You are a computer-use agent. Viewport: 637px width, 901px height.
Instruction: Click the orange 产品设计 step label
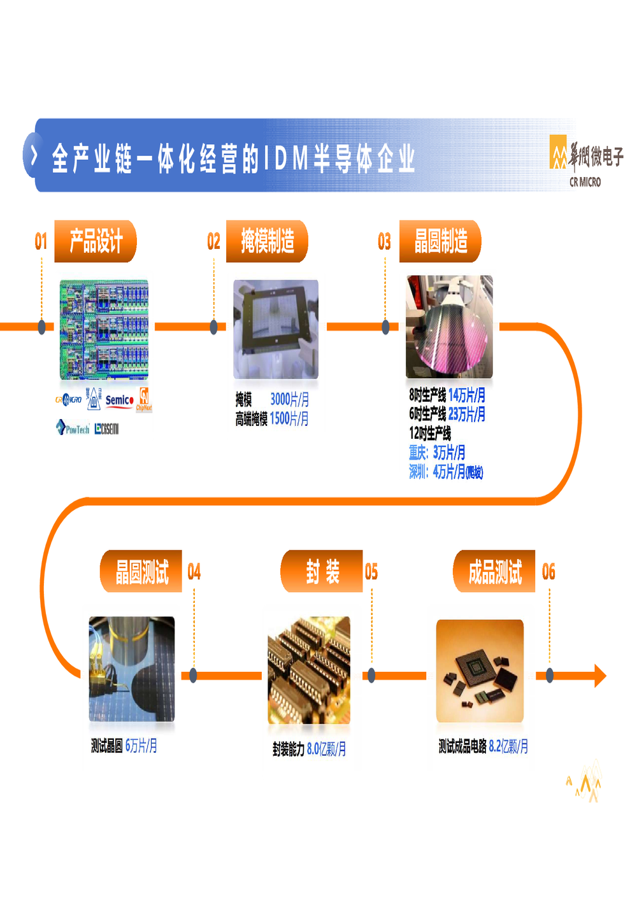tap(96, 241)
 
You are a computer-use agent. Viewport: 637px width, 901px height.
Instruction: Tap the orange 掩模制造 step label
tap(268, 241)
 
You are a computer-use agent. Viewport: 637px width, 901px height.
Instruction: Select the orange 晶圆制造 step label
tap(440, 241)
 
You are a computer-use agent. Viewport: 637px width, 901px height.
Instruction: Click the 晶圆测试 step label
tap(141, 572)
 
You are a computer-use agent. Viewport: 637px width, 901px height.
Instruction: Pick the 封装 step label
tap(322, 572)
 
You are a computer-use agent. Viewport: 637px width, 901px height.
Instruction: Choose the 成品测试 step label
tap(495, 572)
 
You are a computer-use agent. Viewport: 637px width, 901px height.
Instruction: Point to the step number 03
tap(384, 242)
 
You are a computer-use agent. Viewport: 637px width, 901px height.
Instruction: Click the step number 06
tap(548, 572)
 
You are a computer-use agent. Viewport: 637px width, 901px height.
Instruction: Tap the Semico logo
tap(119, 401)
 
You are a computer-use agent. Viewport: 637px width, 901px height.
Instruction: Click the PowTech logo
tap(73, 428)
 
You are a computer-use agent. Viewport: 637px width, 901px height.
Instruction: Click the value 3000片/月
tap(289, 399)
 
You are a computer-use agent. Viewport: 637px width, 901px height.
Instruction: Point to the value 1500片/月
tap(289, 418)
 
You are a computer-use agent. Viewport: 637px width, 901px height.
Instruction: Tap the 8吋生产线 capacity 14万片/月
tap(466, 395)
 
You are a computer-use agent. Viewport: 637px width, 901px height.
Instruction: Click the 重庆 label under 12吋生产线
tap(419, 453)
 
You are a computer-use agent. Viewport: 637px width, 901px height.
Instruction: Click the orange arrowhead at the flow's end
tap(599, 676)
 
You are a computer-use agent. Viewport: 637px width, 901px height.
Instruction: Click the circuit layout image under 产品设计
tap(104, 329)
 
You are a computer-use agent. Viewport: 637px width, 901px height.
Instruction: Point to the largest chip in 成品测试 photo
tap(476, 668)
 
